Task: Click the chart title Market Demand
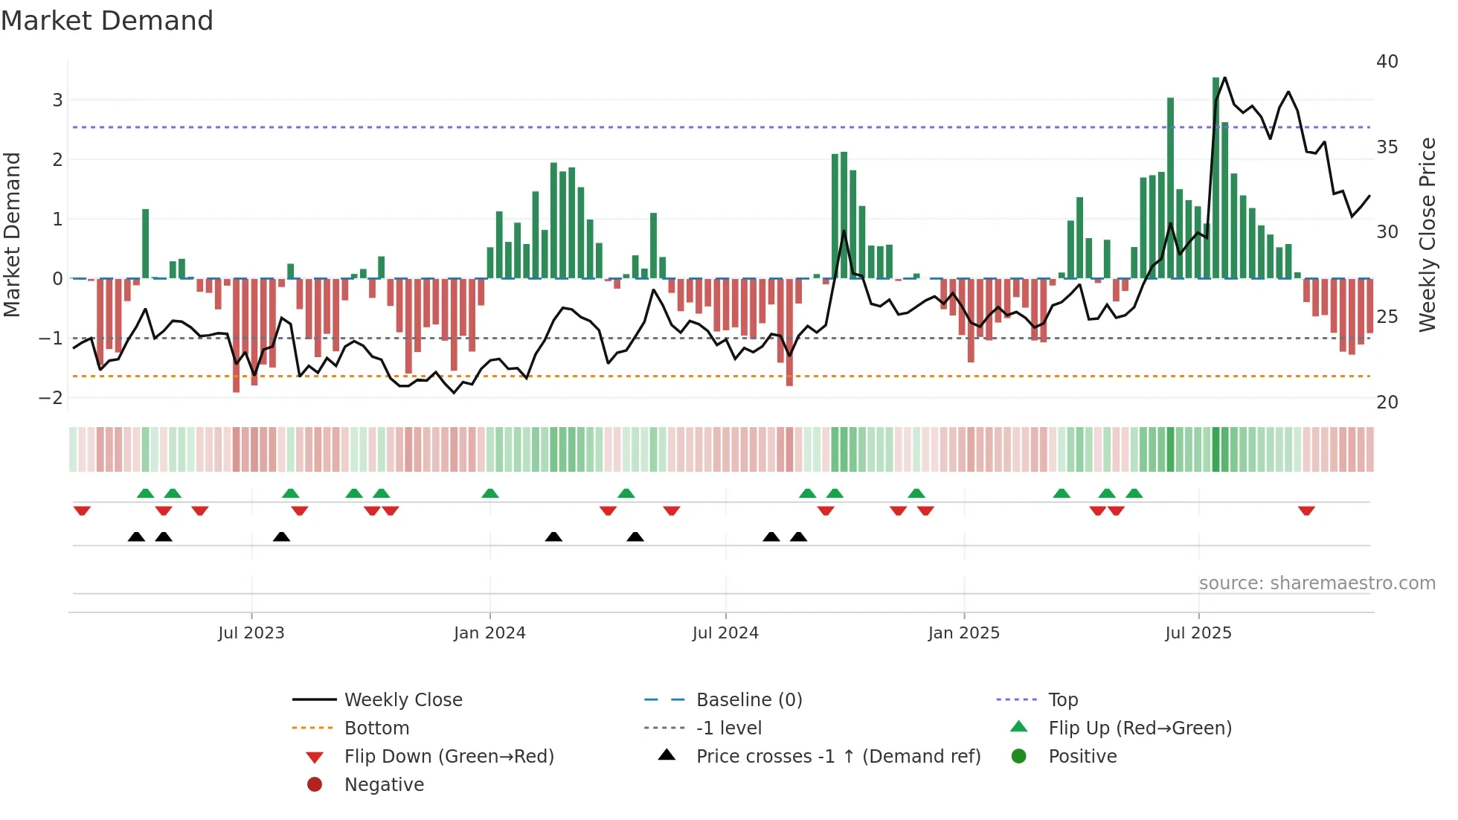tap(107, 21)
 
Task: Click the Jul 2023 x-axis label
tap(251, 633)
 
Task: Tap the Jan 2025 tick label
tap(964, 633)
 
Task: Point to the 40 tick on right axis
tap(1387, 62)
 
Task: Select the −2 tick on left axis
tap(51, 398)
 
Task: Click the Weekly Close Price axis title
tap(1427, 234)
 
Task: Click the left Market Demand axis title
tap(12, 234)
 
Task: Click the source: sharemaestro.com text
tap(1317, 583)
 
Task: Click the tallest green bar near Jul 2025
tap(1215, 179)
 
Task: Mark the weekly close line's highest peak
tap(1224, 77)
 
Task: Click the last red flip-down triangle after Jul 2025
tap(1306, 510)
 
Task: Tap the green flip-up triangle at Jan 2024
tap(489, 493)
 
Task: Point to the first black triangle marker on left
tap(136, 536)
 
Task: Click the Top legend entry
tap(1063, 700)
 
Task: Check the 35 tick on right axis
tap(1387, 147)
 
